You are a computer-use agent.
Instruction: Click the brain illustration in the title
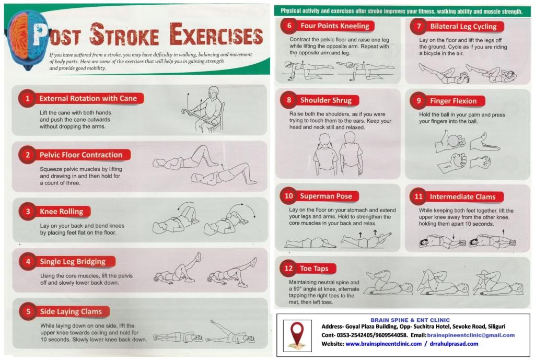click(x=27, y=39)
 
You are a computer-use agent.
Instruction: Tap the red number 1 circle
click(x=27, y=99)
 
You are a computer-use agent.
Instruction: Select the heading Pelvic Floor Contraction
click(x=81, y=155)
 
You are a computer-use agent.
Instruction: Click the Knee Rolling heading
click(x=62, y=212)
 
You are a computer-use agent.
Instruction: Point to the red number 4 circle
click(x=28, y=262)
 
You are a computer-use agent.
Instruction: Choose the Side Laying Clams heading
click(x=71, y=311)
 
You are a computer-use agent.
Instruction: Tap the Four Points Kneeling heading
click(x=335, y=26)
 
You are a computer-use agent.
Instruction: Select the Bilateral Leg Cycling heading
click(x=463, y=26)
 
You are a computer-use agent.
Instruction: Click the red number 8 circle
click(x=288, y=100)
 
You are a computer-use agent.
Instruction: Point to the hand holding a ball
click(x=450, y=141)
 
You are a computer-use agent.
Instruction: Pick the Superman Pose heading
click(x=326, y=196)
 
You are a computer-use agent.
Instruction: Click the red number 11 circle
click(x=418, y=196)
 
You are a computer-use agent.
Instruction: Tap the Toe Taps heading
click(x=314, y=269)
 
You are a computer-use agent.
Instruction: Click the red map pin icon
click(x=297, y=335)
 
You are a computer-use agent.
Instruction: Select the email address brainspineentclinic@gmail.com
click(x=471, y=335)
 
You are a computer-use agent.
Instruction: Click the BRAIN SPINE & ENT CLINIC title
click(x=410, y=320)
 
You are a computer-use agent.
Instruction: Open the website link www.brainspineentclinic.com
click(x=383, y=344)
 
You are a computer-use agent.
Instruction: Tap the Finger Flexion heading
click(x=453, y=101)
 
